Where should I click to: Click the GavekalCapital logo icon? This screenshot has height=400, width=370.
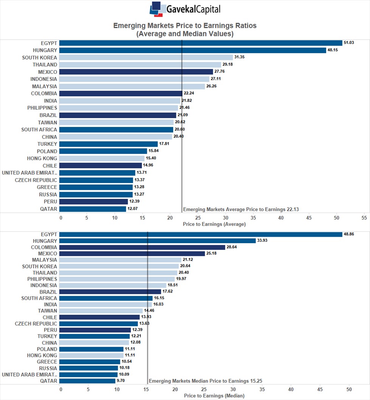pyautogui.click(x=157, y=9)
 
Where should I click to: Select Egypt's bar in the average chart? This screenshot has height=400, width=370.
pyautogui.click(x=201, y=43)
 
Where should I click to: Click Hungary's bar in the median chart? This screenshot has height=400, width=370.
pyautogui.click(x=157, y=241)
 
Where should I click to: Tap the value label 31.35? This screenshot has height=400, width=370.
pyautogui.click(x=239, y=57)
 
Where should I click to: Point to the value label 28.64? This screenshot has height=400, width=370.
pyautogui.click(x=232, y=247)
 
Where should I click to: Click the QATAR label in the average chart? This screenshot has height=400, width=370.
pyautogui.click(x=48, y=209)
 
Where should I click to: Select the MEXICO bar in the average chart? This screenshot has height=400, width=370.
pyautogui.click(x=136, y=72)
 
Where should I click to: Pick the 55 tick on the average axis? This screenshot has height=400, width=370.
pyautogui.click(x=364, y=218)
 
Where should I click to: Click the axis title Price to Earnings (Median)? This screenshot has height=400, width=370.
pyautogui.click(x=214, y=396)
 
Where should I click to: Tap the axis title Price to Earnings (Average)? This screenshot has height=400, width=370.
pyautogui.click(x=214, y=224)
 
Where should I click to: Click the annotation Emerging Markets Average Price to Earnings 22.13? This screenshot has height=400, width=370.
pyautogui.click(x=241, y=209)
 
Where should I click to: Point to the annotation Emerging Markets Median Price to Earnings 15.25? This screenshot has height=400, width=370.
pyautogui.click(x=205, y=381)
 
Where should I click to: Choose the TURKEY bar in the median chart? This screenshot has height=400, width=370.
pyautogui.click(x=95, y=336)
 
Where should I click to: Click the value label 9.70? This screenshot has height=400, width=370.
pyautogui.click(x=121, y=381)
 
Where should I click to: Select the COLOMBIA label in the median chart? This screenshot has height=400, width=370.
pyautogui.click(x=44, y=247)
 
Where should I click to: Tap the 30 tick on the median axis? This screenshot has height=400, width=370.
pyautogui.click(x=233, y=389)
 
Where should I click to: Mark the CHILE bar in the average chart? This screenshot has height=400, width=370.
pyautogui.click(x=100, y=166)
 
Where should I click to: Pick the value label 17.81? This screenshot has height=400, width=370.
pyautogui.click(x=164, y=144)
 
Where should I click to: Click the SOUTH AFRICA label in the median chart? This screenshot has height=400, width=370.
pyautogui.click(x=39, y=298)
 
